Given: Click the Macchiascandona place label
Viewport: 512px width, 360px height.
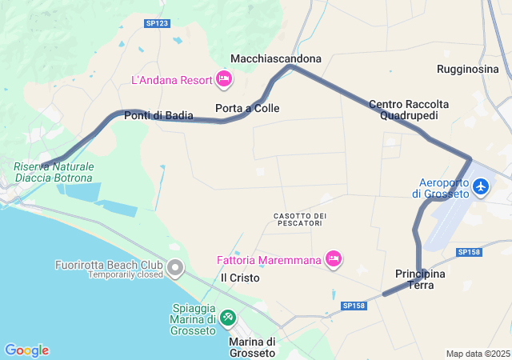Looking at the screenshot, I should coord(276,58).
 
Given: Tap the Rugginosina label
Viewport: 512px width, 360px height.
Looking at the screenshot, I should coord(468,70).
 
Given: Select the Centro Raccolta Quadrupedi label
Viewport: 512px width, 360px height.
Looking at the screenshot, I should coord(409,110).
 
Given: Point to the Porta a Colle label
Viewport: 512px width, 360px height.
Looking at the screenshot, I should coord(247,108).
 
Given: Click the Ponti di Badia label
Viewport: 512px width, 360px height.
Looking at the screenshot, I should coord(158,116).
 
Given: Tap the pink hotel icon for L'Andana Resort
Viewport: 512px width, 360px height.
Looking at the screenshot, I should coord(223,79).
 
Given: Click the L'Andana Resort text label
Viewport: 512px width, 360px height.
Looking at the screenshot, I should coord(171,80).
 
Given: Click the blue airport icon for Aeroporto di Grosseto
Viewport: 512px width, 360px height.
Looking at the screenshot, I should coord(481,186).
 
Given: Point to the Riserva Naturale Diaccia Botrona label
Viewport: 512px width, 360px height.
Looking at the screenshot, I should coord(54,172).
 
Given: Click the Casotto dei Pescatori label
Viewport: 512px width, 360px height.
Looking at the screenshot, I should coord(300,220).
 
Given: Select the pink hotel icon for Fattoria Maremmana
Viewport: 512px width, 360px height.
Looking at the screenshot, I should coord(334,258).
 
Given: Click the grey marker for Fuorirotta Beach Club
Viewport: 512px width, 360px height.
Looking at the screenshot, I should coord(175,266).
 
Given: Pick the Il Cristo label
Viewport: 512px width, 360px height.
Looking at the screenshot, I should coord(240,278).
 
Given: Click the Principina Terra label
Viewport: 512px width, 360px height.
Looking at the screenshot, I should coord(420,279).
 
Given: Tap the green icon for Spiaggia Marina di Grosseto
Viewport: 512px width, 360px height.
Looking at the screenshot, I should coord(228,318).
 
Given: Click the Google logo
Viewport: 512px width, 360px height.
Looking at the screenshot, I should coord(26,350).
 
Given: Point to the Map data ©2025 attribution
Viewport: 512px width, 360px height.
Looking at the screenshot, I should coord(477,354).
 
